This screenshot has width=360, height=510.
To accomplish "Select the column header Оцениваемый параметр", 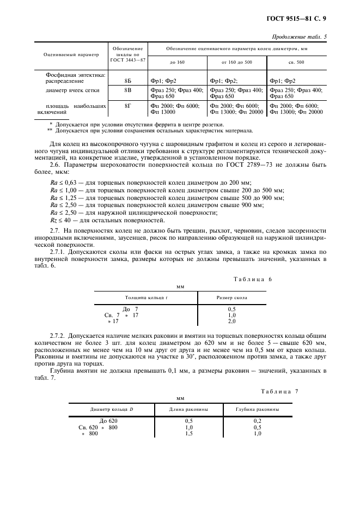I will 71,54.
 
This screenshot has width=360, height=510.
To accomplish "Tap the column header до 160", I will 177,62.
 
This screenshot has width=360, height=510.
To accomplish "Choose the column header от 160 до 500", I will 237,62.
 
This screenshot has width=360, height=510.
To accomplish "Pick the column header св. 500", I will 296,62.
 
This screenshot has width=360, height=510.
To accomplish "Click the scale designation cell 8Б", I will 128,81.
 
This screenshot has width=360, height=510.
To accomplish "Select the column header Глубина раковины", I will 258,409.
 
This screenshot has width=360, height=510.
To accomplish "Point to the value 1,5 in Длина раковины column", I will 188,434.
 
